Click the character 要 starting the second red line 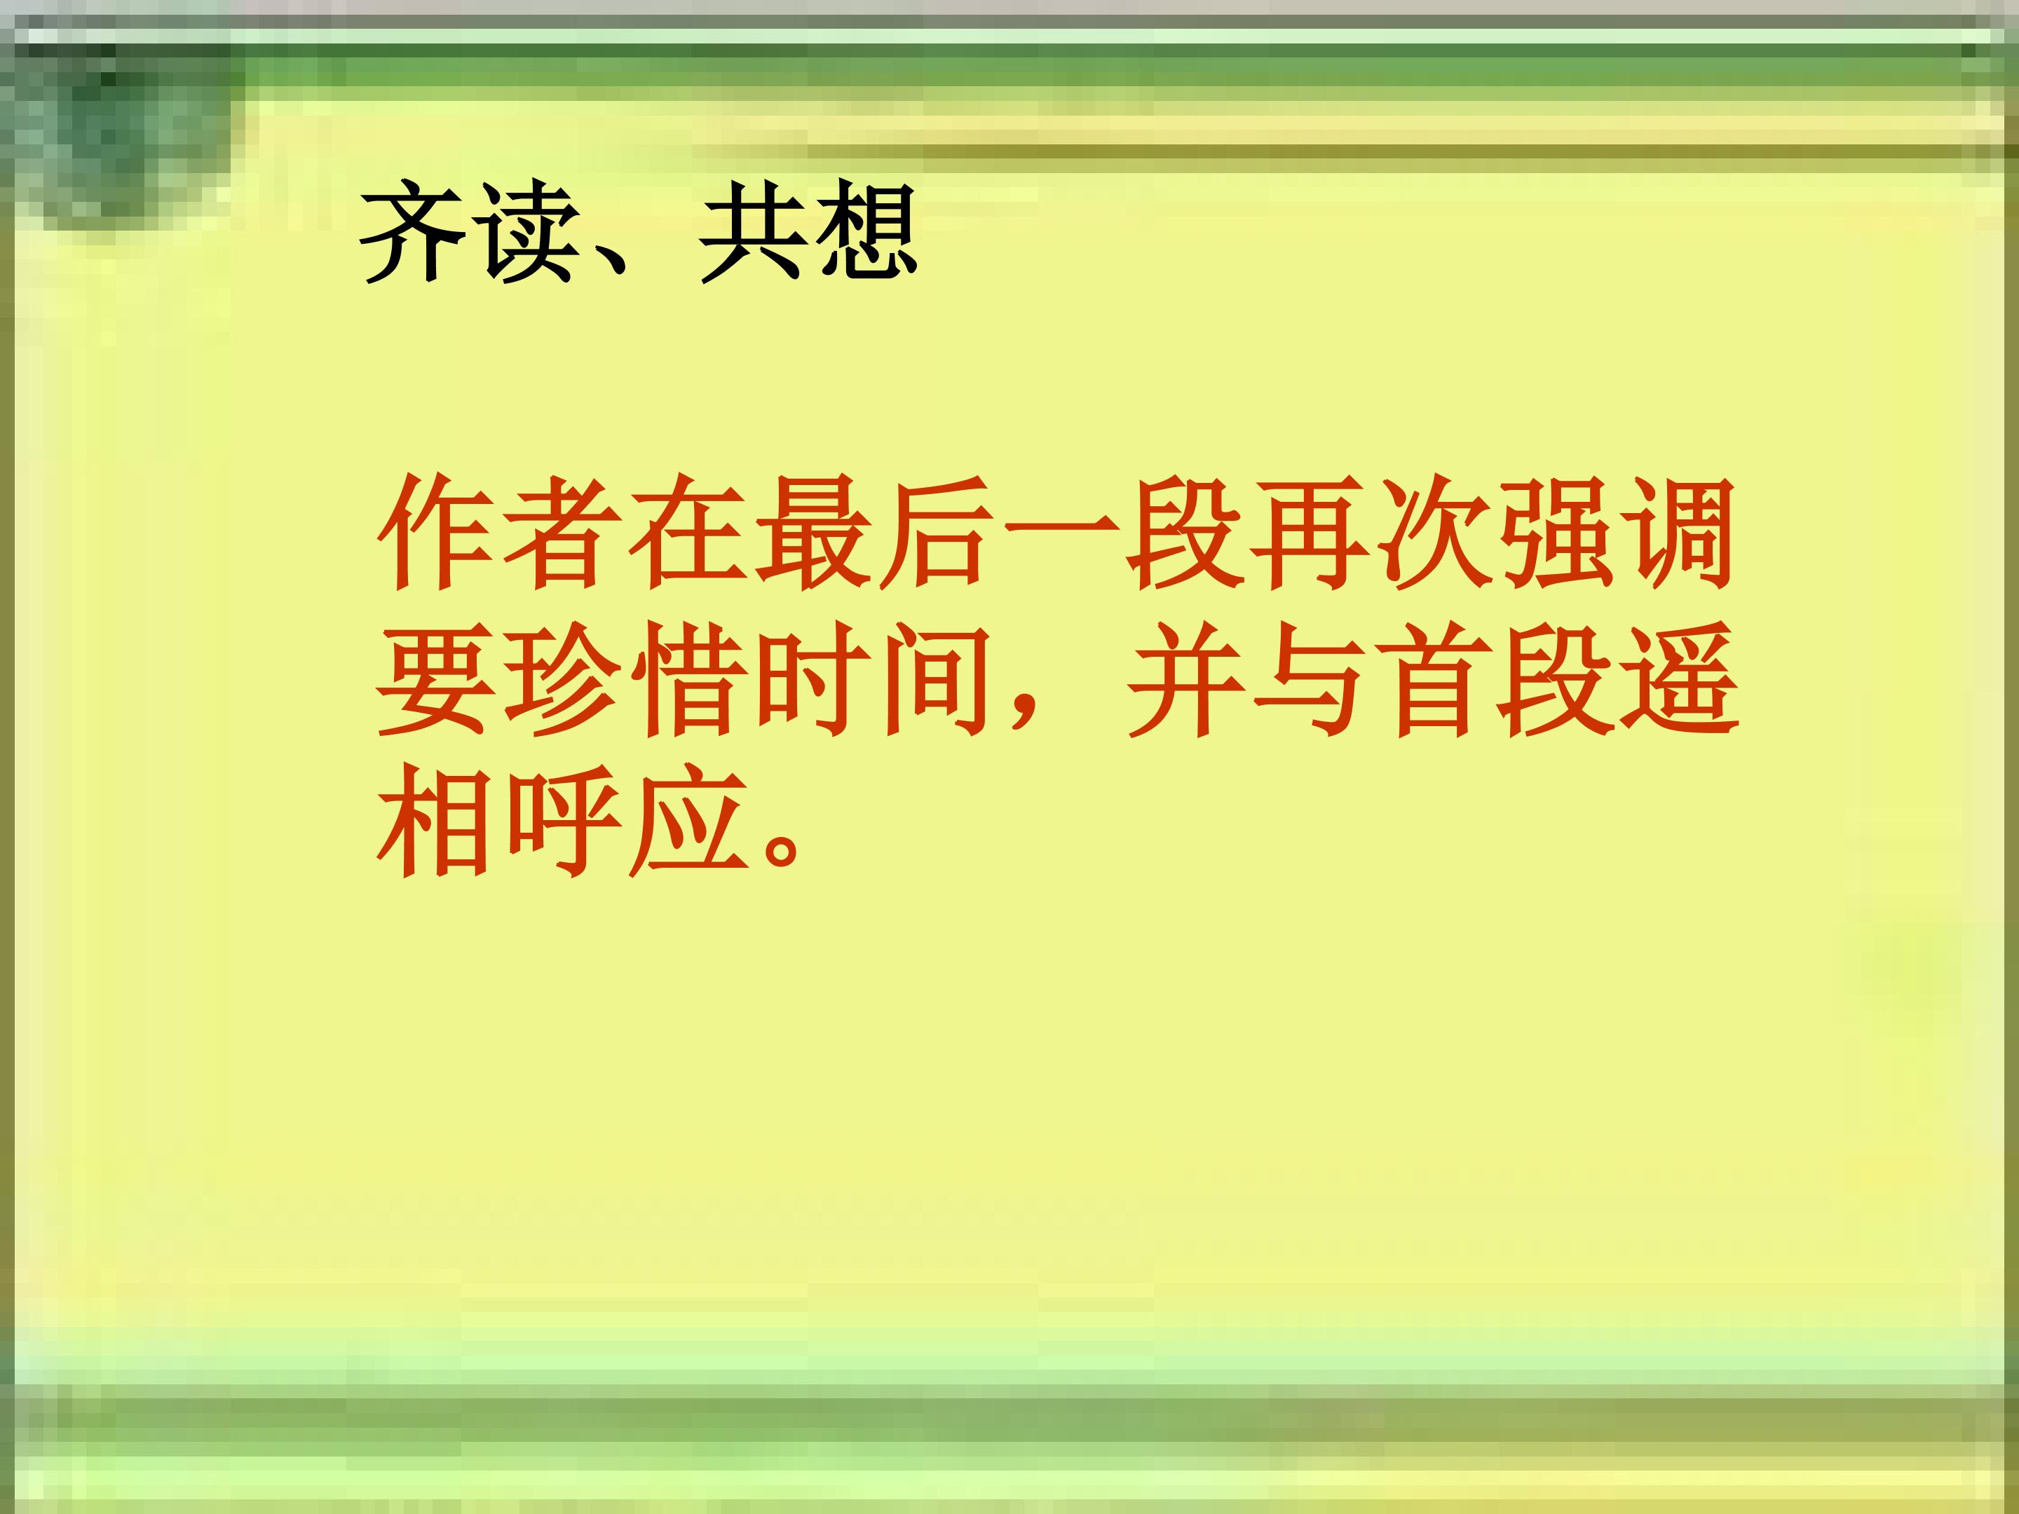point(436,680)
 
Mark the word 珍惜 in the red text point(623,680)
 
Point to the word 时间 point(874,680)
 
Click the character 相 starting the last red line point(436,821)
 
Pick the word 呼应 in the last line point(623,821)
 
